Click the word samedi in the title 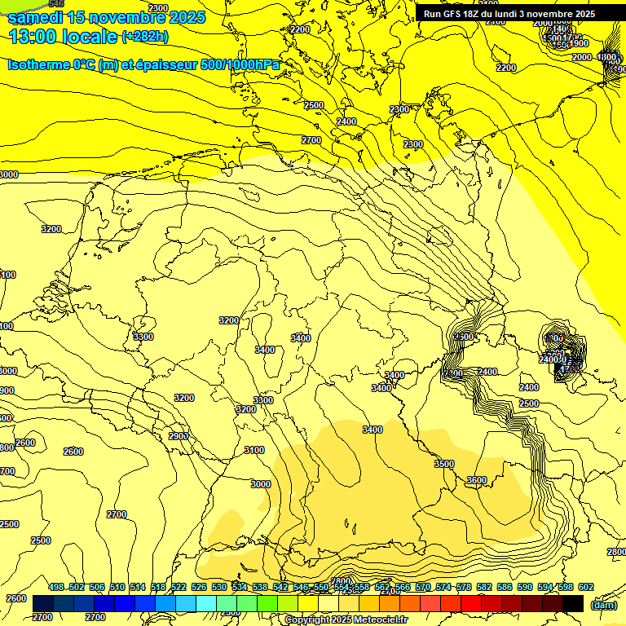point(36,17)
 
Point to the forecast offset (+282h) point(145,37)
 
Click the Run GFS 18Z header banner point(509,14)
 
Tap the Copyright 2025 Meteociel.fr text point(346,620)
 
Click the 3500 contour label point(444,464)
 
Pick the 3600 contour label point(477,481)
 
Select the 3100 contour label point(254,450)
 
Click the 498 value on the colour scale point(56,587)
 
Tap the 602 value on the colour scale point(586,587)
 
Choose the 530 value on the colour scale point(219,587)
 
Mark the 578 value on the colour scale point(464,587)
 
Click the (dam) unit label point(605,605)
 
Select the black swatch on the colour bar point(573,603)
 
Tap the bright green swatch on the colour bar point(267,603)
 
